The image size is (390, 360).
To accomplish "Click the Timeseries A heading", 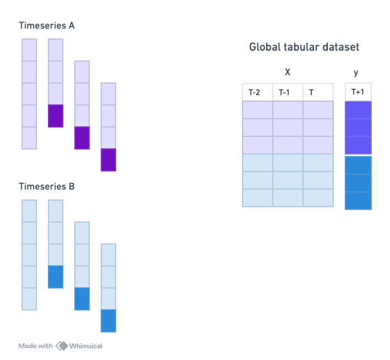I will pyautogui.click(x=47, y=26).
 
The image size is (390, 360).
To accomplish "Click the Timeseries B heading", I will pyautogui.click(x=47, y=186).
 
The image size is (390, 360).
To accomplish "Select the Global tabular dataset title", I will pyautogui.click(x=304, y=47).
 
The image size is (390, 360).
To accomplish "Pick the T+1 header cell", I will pyautogui.click(x=358, y=92).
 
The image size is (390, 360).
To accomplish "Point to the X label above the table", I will pyautogui.click(x=287, y=73).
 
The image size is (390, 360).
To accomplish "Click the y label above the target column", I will pyautogui.click(x=356, y=73).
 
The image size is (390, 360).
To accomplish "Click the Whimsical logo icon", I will pyautogui.click(x=62, y=346).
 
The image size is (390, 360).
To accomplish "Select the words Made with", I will pyautogui.click(x=36, y=346).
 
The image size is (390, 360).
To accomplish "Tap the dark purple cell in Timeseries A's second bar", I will pyautogui.click(x=56, y=116).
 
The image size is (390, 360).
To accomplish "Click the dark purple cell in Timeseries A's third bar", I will pyautogui.click(x=82, y=138).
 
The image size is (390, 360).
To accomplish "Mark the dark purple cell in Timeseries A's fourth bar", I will pyautogui.click(x=108, y=160).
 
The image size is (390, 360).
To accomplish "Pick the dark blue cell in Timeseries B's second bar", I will pyautogui.click(x=56, y=277).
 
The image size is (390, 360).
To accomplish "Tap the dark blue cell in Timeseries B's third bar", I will pyautogui.click(x=82, y=299).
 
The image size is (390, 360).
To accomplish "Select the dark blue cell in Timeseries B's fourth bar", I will pyautogui.click(x=108, y=321).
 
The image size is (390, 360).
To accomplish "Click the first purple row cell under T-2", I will pyautogui.click(x=257, y=110).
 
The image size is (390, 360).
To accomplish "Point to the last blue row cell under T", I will pyautogui.click(x=318, y=198).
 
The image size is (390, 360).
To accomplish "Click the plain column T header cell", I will pyautogui.click(x=318, y=92).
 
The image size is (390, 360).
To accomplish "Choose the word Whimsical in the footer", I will pyautogui.click(x=86, y=346).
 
